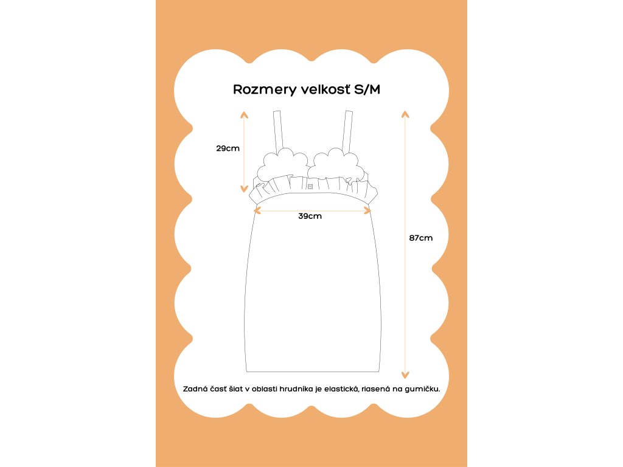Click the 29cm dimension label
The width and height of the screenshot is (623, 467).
(228, 148)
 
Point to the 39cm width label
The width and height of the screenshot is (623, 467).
(310, 216)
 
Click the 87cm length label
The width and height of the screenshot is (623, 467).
(421, 238)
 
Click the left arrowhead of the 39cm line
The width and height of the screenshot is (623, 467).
(257, 210)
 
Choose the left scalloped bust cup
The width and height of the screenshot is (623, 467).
(282, 163)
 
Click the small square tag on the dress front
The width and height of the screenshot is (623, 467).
(310, 186)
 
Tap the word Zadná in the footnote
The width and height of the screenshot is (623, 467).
(194, 388)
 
